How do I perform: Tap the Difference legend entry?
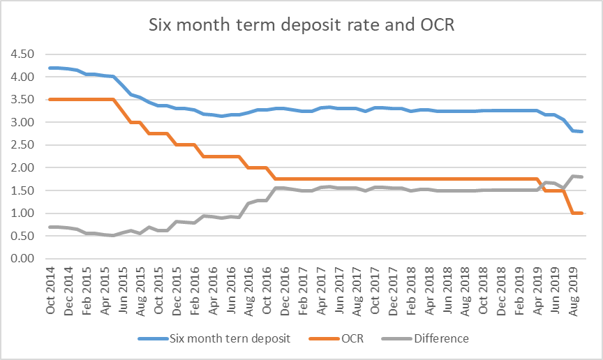pos(441,339)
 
